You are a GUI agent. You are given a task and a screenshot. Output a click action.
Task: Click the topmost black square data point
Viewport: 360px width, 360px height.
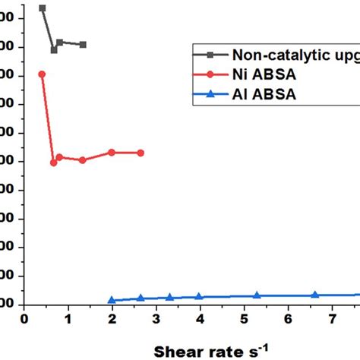[42, 8]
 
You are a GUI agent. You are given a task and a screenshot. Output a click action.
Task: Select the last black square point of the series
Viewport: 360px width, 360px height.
[83, 45]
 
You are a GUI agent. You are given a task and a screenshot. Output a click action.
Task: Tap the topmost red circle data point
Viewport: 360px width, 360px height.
[42, 74]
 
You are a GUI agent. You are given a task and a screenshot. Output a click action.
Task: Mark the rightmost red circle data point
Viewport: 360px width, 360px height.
[141, 153]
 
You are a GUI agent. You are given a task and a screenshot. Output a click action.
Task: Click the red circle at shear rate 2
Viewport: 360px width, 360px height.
[112, 152]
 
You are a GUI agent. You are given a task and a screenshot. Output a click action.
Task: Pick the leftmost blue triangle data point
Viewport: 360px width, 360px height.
[112, 300]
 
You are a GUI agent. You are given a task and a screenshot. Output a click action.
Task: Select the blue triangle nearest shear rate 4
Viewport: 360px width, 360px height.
[199, 296]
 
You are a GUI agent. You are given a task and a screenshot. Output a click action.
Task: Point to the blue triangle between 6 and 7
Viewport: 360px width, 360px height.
[314, 295]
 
